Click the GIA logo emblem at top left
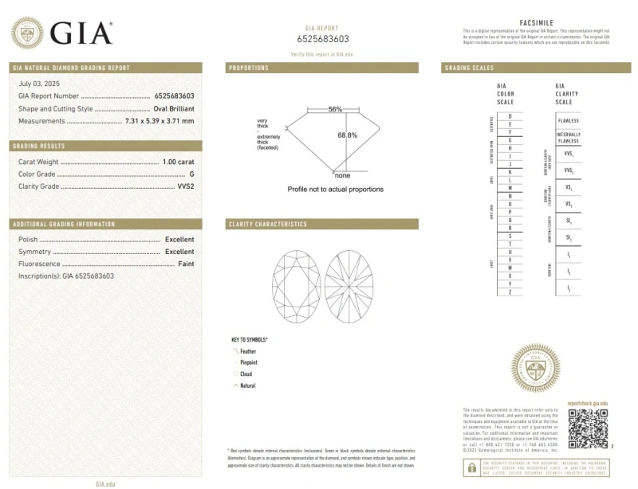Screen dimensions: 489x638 pyautogui.click(x=27, y=33)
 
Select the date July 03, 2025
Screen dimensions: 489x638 pyautogui.click(x=39, y=84)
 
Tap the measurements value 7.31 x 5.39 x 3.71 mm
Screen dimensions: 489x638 pyautogui.click(x=159, y=121)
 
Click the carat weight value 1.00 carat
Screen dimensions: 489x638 pyautogui.click(x=178, y=162)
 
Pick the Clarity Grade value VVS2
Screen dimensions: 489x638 pyautogui.click(x=185, y=186)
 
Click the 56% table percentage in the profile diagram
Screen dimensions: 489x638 pyautogui.click(x=335, y=109)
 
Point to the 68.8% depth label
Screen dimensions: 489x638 pyautogui.click(x=348, y=135)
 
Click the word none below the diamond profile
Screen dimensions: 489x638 pyautogui.click(x=342, y=175)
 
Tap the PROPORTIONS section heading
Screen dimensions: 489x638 pyautogui.click(x=249, y=68)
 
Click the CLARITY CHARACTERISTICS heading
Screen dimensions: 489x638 pyautogui.click(x=268, y=225)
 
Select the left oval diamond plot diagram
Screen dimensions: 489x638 pyautogui.click(x=296, y=283)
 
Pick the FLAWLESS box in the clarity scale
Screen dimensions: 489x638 pyautogui.click(x=569, y=120)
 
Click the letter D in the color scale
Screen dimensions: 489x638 pyautogui.click(x=510, y=116)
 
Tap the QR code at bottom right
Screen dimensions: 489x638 pyautogui.click(x=588, y=428)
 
